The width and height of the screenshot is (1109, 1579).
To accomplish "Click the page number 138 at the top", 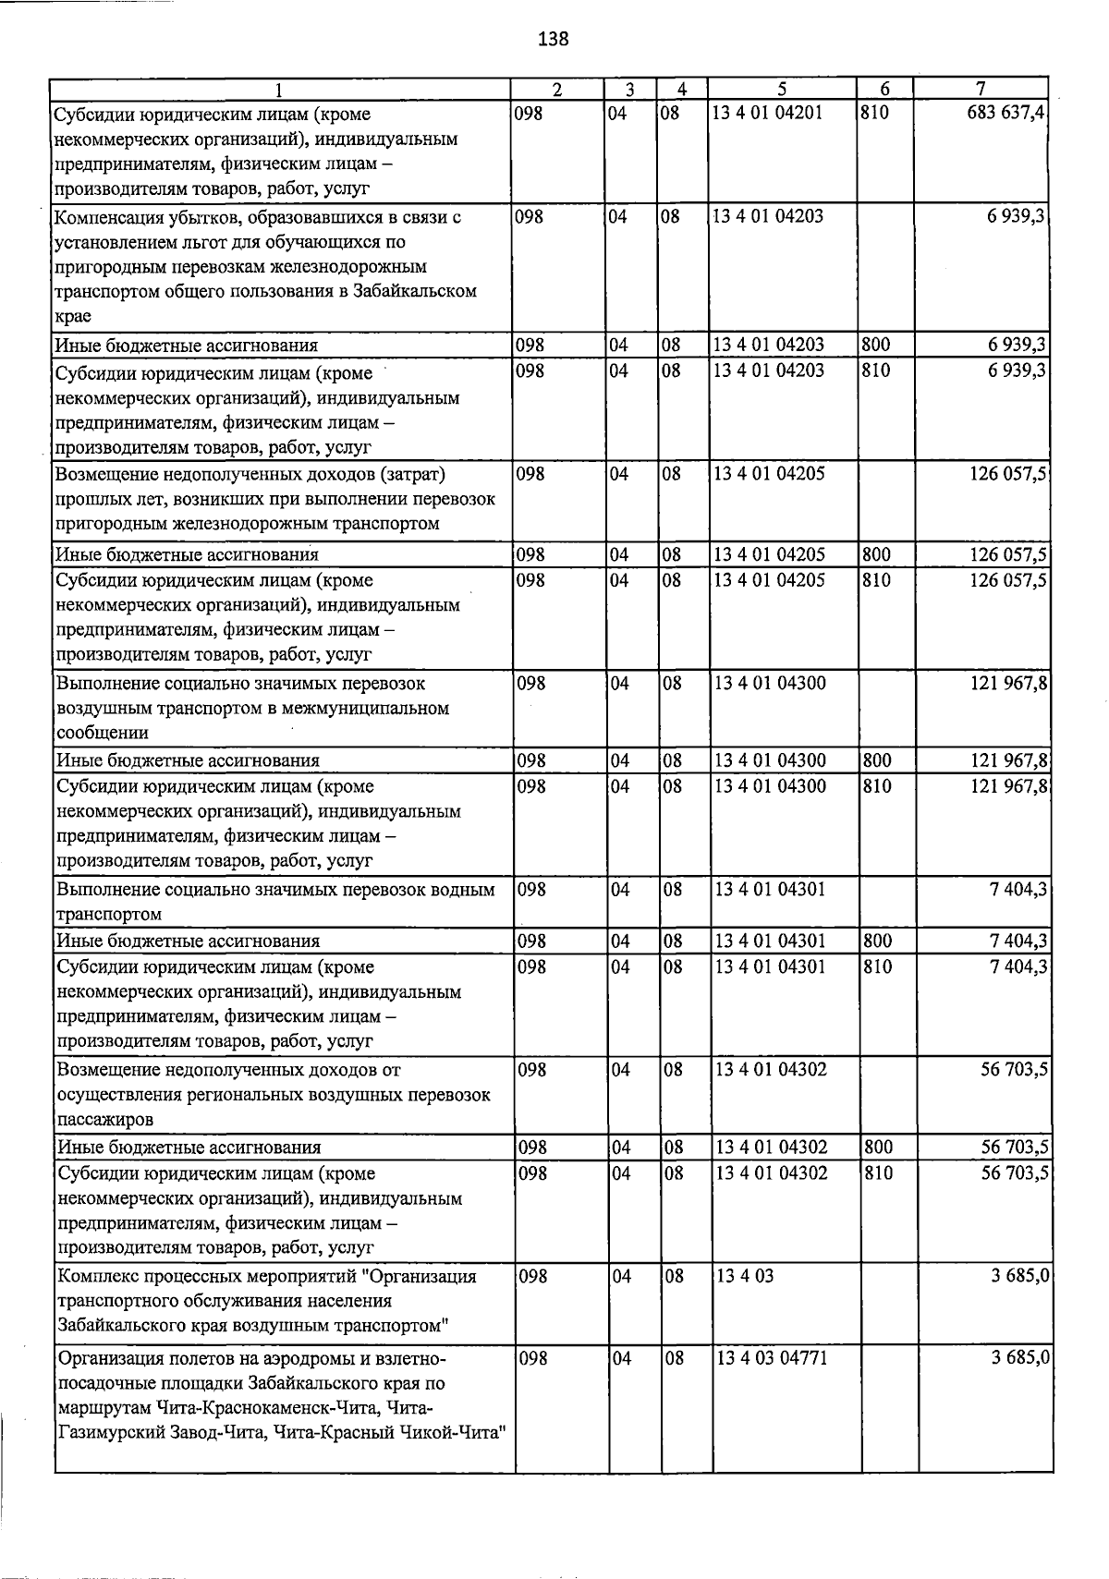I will click(553, 39).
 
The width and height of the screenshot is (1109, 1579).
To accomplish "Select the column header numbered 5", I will click(782, 90).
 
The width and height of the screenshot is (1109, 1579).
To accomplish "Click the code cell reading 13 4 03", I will click(745, 1276).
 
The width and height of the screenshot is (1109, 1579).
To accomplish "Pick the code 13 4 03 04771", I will click(772, 1358).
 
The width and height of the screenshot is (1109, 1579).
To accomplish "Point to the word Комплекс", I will click(95, 1277).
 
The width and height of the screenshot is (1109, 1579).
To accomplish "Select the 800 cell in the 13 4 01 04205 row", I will click(876, 554).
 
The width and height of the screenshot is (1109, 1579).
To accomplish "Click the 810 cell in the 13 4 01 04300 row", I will click(877, 786).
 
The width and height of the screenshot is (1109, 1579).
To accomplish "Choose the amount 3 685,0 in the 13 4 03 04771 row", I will click(1020, 1358).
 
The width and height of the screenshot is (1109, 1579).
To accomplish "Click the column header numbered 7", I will click(981, 90).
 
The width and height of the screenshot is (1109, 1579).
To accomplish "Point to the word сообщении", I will click(103, 733).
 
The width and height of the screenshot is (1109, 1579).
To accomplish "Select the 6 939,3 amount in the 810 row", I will click(1017, 371).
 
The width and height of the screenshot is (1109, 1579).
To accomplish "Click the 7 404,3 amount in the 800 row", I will click(1018, 941).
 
